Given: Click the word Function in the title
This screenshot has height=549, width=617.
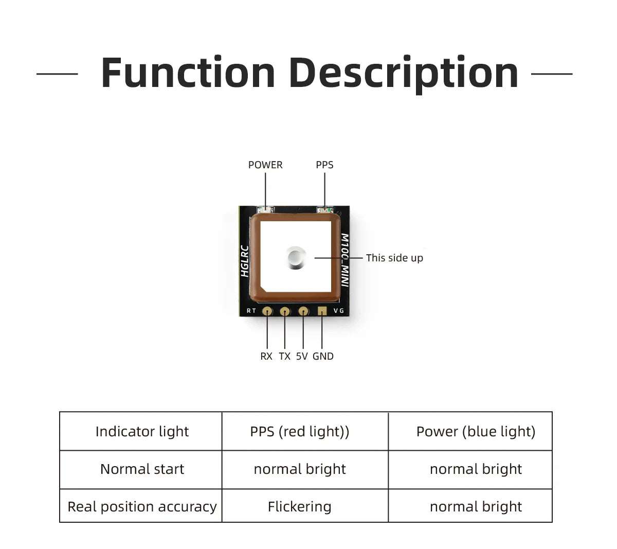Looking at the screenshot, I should click(188, 73).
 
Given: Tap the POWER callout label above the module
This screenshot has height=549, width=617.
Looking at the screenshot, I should click(265, 165).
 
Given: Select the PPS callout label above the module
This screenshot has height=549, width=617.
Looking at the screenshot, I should click(324, 165).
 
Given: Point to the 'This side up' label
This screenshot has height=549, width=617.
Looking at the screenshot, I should click(394, 258).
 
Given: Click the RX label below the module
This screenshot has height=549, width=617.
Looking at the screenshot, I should click(266, 356).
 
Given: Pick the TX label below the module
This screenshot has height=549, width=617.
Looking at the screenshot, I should click(285, 356).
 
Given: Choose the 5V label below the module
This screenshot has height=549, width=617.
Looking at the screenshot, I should click(302, 356).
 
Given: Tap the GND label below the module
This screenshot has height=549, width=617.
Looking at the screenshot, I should click(323, 356).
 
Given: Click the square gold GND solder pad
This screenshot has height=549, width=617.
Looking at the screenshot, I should click(322, 311).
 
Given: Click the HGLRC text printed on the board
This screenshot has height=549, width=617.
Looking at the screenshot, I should click(245, 261).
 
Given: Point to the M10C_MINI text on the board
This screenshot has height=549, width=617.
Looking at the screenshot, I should click(345, 260).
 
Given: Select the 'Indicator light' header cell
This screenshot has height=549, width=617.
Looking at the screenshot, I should click(142, 431).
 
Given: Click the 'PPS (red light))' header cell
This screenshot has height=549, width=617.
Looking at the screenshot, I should click(300, 431).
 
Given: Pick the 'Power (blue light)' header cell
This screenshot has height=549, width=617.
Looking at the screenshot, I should click(476, 431).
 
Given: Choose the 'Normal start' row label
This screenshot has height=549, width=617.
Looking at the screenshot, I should click(142, 469).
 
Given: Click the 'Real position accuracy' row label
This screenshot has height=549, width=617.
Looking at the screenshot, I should click(142, 507).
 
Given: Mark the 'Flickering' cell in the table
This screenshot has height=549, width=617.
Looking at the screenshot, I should click(300, 507).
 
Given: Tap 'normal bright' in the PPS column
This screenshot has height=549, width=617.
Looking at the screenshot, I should click(300, 469).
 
